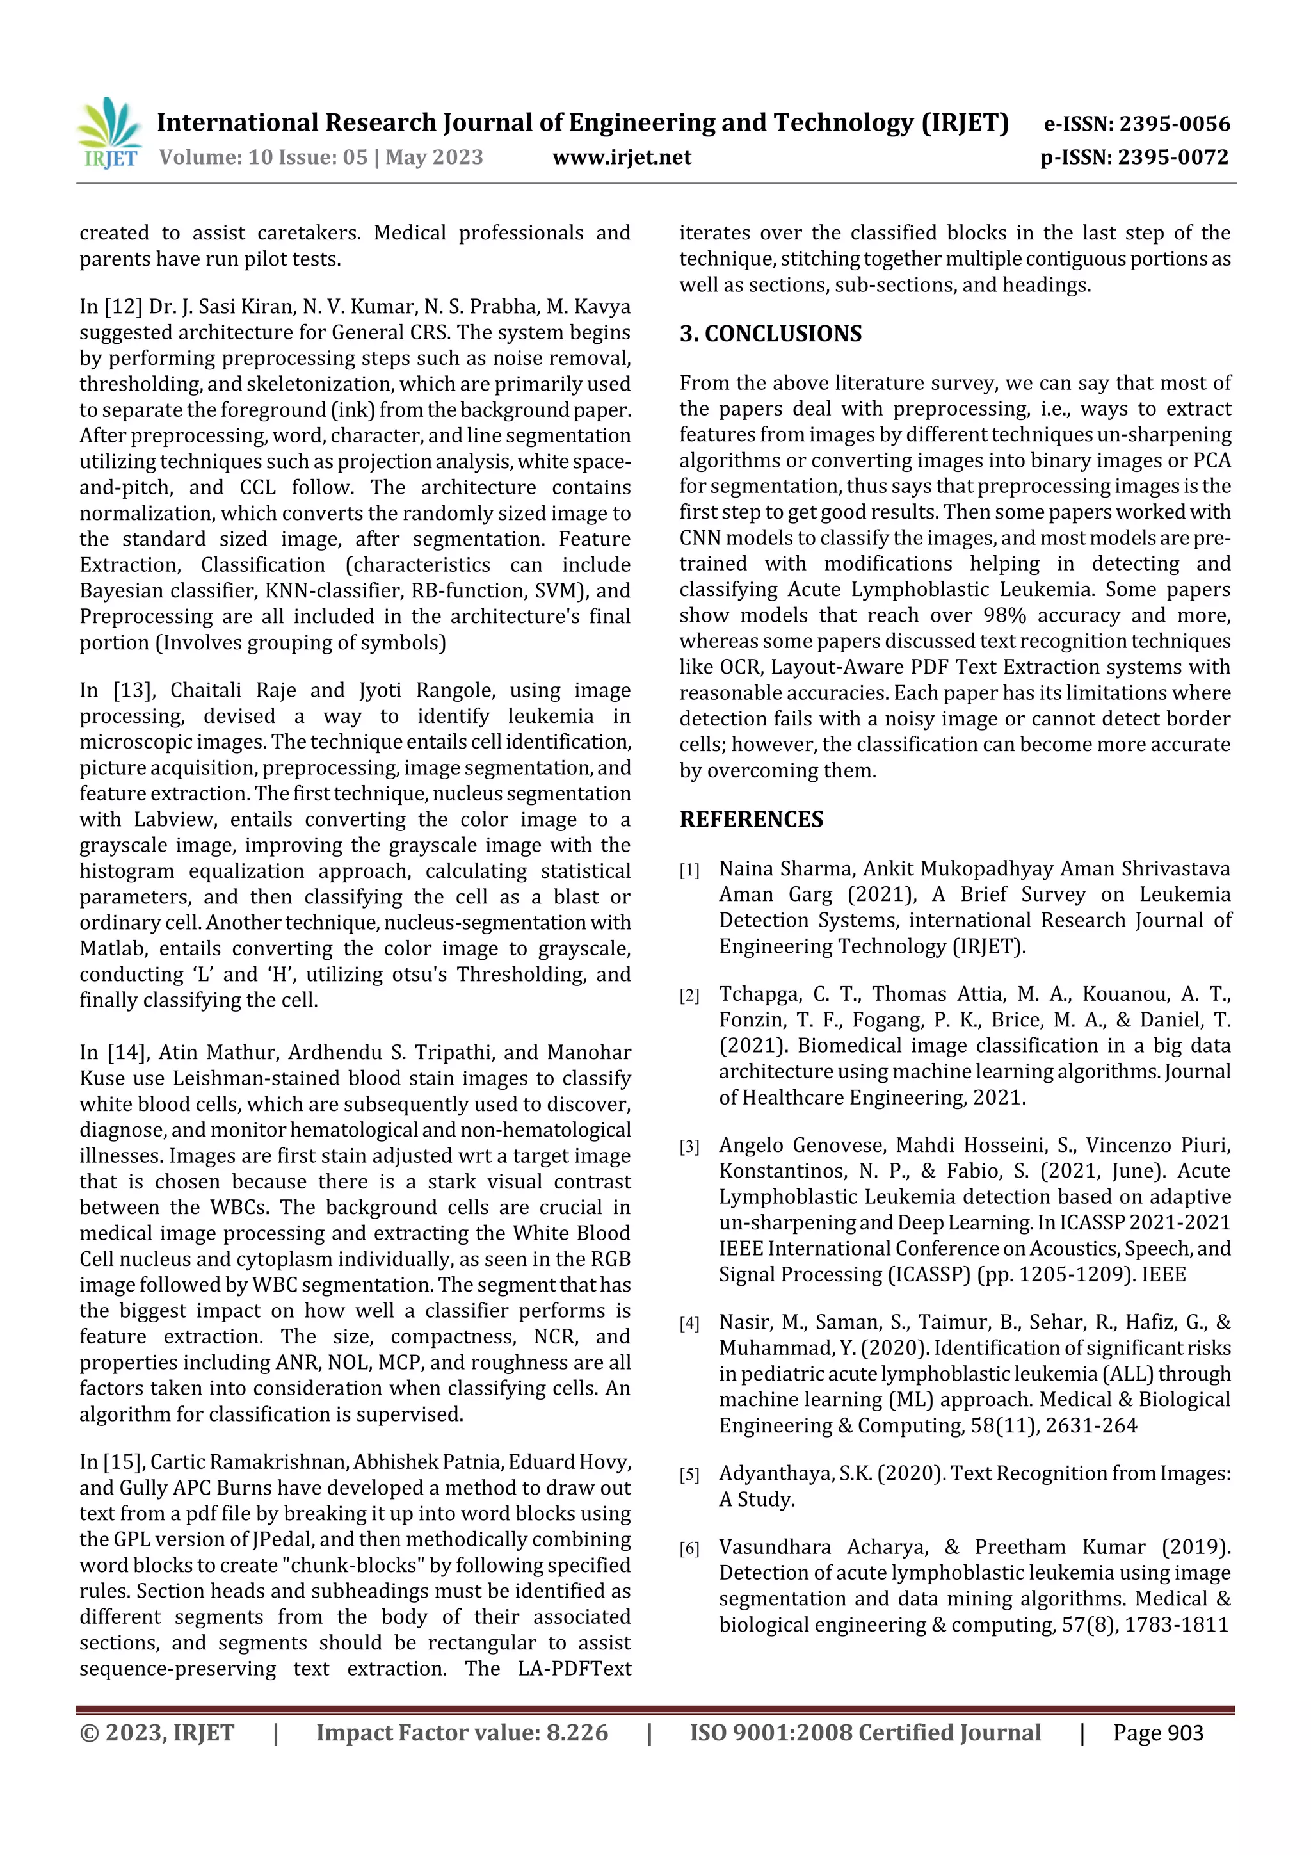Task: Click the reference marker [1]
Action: (x=689, y=870)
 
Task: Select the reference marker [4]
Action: (x=689, y=1324)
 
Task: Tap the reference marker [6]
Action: (x=689, y=1549)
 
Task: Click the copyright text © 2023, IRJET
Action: (x=157, y=1733)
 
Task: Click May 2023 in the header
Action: (x=434, y=158)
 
